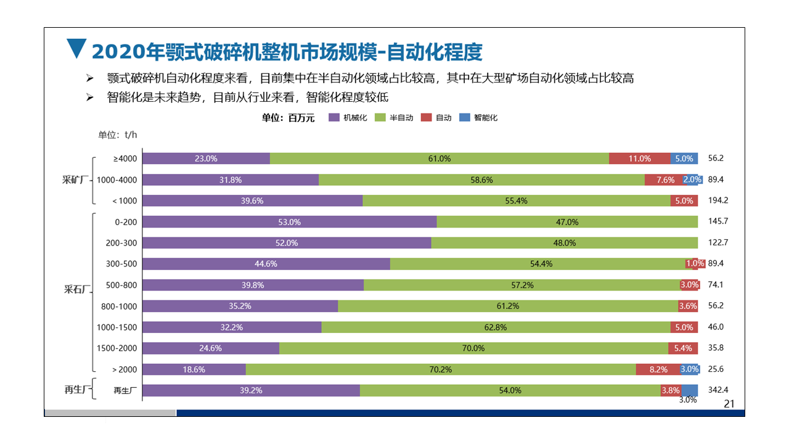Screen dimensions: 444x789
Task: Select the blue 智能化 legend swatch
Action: coord(465,118)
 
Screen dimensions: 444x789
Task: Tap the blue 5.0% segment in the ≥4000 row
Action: coord(684,158)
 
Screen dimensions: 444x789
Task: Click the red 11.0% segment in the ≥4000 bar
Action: coord(639,158)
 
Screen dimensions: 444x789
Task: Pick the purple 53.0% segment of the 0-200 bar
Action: coord(289,222)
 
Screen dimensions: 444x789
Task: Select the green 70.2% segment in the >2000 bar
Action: coord(441,369)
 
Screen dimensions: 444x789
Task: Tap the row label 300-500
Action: coord(121,264)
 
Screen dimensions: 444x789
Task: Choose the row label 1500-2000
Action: coord(117,348)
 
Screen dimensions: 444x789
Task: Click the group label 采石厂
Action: coord(77,289)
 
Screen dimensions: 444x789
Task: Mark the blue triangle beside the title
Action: coord(76,49)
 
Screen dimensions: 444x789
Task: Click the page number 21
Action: coord(729,404)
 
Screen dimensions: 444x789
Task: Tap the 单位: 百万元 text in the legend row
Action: coord(288,118)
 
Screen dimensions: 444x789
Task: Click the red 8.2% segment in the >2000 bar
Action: coord(658,369)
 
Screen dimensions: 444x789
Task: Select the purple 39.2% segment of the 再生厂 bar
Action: coord(251,390)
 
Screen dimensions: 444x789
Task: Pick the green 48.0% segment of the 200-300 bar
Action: coord(564,243)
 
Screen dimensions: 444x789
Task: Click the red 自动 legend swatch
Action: coord(426,118)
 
